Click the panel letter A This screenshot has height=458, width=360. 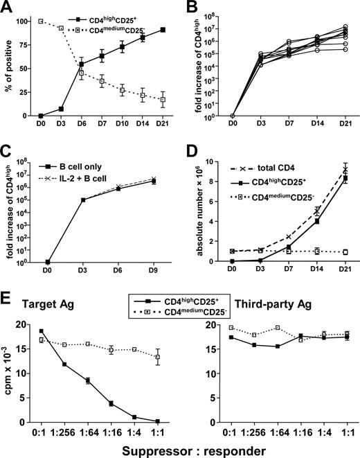pos(8,8)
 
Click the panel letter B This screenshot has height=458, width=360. pos(190,8)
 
